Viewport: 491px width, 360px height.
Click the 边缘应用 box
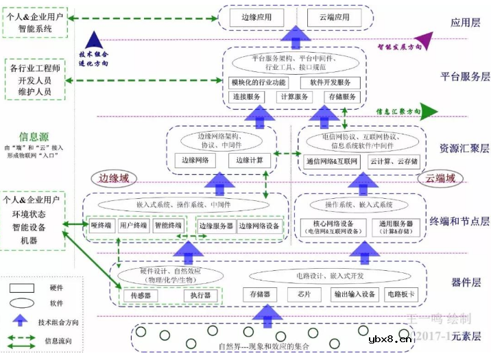(256, 16)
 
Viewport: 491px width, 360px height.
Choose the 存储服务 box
(342, 97)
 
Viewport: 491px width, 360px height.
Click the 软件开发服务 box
(330, 82)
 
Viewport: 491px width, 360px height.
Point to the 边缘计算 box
(250, 160)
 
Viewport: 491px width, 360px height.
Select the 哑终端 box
(101, 225)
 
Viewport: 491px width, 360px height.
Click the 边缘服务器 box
(216, 226)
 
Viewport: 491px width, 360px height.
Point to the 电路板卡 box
(402, 295)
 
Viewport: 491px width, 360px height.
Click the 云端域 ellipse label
(440, 180)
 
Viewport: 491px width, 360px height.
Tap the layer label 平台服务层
(465, 76)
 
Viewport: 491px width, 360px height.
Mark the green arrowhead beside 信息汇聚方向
(430, 110)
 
